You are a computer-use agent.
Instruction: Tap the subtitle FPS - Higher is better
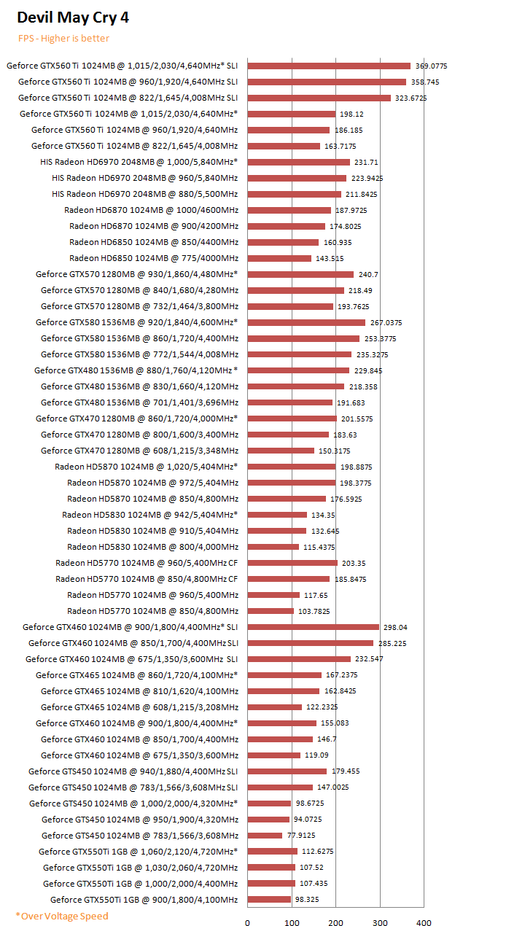[63, 39]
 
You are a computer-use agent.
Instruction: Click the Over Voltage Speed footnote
[62, 916]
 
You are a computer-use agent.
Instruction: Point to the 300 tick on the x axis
[380, 922]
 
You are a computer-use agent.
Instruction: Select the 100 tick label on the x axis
[292, 922]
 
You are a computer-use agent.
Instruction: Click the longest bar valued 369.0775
[329, 66]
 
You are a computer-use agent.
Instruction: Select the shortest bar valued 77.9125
[265, 836]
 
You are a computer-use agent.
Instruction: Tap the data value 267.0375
[386, 322]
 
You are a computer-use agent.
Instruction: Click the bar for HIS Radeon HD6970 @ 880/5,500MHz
[295, 194]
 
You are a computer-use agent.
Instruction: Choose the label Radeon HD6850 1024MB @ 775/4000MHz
[154, 258]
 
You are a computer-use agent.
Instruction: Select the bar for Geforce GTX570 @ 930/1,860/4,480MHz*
[300, 274]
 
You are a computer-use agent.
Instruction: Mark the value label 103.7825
[315, 611]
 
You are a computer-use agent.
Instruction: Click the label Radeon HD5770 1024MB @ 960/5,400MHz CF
[147, 563]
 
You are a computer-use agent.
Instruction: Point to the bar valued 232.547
[299, 659]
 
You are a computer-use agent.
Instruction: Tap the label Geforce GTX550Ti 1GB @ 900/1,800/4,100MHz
[144, 900]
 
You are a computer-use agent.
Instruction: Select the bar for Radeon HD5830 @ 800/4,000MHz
[273, 547]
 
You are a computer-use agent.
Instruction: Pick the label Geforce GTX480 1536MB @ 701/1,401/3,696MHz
[139, 402]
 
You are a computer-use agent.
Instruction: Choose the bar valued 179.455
[287, 771]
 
